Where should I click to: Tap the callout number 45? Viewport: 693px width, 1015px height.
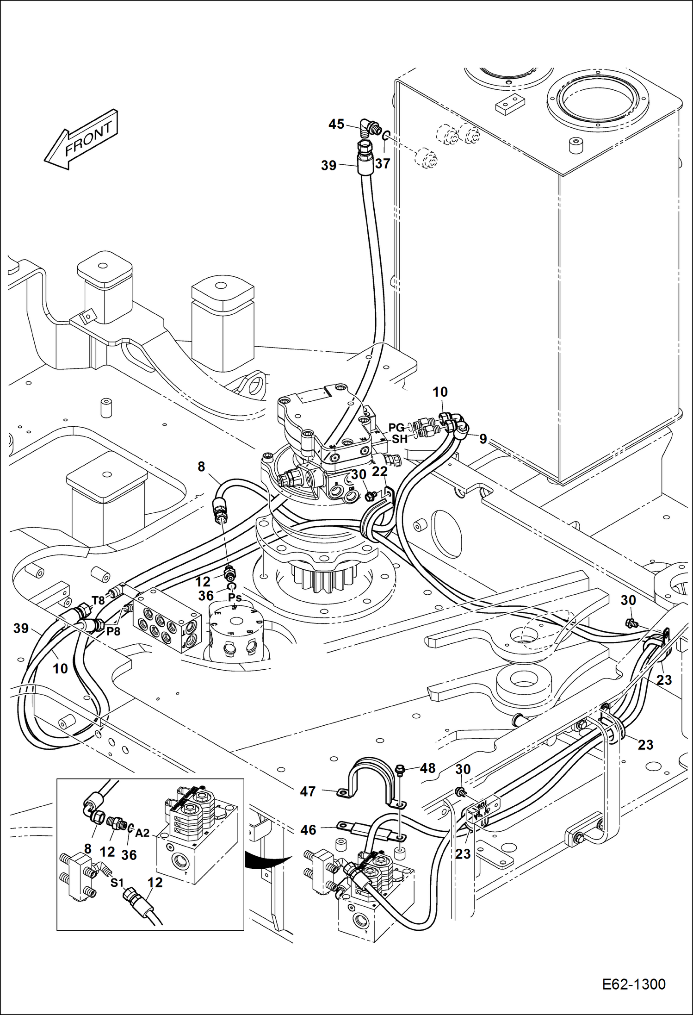[x=336, y=124]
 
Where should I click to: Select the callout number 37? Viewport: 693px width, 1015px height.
[x=383, y=163]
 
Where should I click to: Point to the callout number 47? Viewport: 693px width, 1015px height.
[x=308, y=791]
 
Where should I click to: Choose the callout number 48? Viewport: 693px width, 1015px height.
[x=427, y=768]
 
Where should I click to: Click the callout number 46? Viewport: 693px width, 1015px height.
[x=308, y=830]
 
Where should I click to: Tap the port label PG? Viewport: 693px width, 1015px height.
[x=396, y=427]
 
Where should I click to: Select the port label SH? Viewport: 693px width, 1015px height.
[x=400, y=439]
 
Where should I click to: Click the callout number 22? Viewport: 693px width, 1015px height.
[x=379, y=471]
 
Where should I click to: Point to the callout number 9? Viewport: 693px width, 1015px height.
[x=483, y=439]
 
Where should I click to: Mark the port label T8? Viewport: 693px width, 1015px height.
[x=98, y=601]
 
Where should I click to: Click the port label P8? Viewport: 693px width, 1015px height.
[x=113, y=631]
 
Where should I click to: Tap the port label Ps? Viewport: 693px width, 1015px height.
[x=235, y=597]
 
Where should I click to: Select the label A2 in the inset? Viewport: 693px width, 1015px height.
[x=142, y=833]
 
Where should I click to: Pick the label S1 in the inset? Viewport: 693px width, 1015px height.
[x=117, y=883]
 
